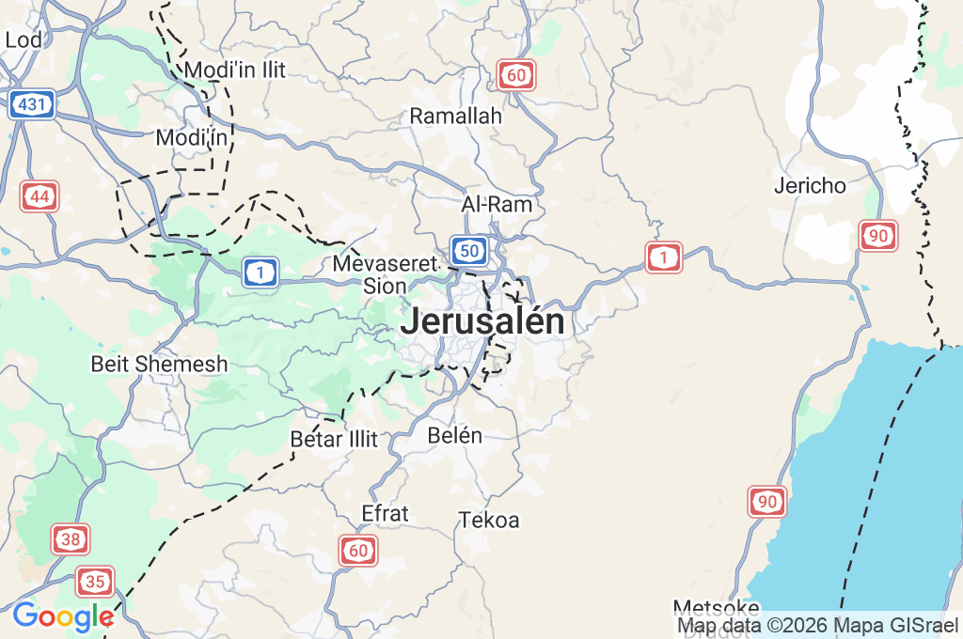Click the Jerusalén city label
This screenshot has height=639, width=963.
[482, 322]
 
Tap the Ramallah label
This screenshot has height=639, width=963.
[456, 116]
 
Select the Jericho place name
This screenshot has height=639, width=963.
[810, 185]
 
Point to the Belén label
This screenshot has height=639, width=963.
[454, 435]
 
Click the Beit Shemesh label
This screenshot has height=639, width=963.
[159, 364]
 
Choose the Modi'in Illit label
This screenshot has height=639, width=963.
[235, 70]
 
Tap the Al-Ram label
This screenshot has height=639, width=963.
[497, 204]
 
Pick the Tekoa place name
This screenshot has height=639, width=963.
[489, 520]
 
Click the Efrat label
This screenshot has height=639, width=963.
[386, 513]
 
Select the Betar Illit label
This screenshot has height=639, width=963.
[334, 439]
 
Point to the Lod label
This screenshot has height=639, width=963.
[23, 39]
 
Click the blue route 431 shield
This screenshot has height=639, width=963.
[32, 104]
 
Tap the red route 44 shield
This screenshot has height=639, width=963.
[39, 197]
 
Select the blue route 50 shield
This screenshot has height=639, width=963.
[468, 250]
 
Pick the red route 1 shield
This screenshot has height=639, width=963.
[664, 257]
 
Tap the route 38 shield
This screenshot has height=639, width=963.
[71, 539]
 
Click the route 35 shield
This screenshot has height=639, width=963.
[95, 582]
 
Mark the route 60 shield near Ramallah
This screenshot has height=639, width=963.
[516, 75]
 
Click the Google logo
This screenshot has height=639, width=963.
[62, 616]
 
